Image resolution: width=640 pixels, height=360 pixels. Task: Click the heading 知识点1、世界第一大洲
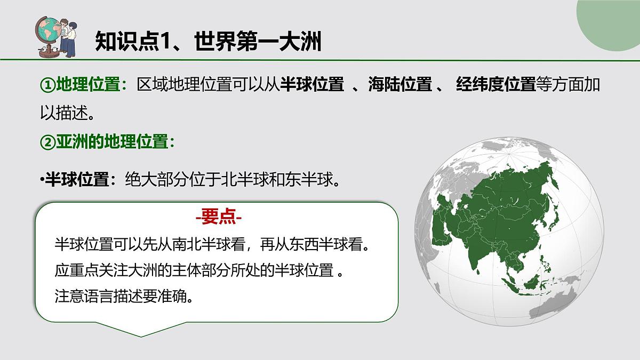coord(208,41)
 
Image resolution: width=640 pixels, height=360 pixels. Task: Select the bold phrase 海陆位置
coord(400,84)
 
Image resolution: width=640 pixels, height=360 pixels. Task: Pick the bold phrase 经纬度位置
coord(495,84)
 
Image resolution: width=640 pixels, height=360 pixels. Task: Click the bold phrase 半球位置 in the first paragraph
coord(312,84)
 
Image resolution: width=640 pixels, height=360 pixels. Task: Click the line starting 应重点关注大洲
coord(197,270)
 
